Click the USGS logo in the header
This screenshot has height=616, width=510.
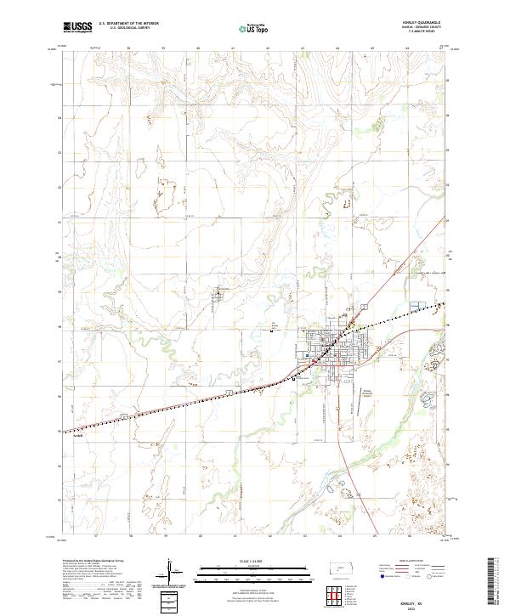coord(76,27)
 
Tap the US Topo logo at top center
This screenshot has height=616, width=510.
coord(254,28)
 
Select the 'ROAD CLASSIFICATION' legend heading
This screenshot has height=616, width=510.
coord(407,562)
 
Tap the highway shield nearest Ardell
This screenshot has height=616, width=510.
coord(124,415)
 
